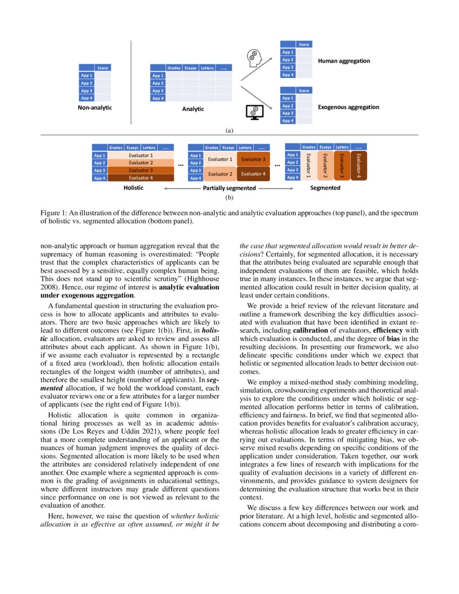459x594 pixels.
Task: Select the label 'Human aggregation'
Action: [x=344, y=61]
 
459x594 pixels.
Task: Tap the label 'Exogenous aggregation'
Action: [x=348, y=107]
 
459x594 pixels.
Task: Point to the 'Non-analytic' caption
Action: [x=94, y=107]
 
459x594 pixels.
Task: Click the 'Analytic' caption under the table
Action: [x=193, y=109]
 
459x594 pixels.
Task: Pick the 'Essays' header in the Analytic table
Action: [x=190, y=68]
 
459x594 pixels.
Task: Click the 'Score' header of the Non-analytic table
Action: [x=103, y=68]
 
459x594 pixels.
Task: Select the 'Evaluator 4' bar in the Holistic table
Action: [x=140, y=178]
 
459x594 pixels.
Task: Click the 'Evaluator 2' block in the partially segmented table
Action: [x=220, y=174]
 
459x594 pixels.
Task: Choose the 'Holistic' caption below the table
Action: [x=133, y=188]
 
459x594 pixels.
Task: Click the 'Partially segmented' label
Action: [x=228, y=188]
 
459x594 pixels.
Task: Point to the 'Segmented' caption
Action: [x=325, y=188]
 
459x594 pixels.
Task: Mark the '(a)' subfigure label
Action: [x=229, y=130]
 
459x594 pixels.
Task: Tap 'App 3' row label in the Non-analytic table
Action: [x=87, y=91]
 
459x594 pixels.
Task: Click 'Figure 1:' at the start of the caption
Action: [x=56, y=213]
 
